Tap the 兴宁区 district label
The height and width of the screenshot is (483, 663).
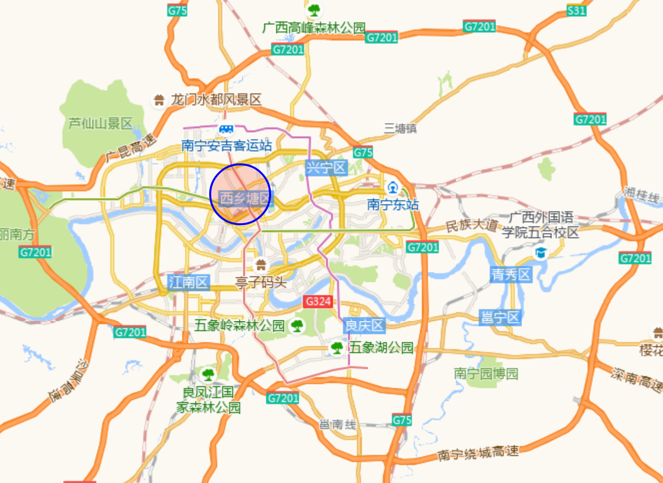click(326, 167)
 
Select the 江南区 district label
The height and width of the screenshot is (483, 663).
click(188, 282)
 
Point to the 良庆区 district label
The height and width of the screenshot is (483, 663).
click(364, 326)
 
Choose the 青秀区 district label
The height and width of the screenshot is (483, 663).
click(511, 274)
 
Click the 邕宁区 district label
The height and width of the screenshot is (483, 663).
click(500, 317)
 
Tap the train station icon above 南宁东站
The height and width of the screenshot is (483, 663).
click(393, 188)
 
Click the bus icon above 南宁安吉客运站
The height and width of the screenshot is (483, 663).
click(226, 129)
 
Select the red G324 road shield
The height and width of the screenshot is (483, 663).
click(318, 301)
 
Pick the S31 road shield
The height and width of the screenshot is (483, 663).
click(576, 10)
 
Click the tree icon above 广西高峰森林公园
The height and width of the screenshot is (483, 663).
click(314, 9)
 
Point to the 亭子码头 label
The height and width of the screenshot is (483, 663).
click(261, 283)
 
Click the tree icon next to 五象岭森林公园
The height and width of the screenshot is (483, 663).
click(298, 326)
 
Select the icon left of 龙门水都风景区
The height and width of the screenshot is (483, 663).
click(159, 100)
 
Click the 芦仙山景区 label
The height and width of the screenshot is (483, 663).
click(100, 123)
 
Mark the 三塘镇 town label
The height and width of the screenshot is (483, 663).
click(400, 128)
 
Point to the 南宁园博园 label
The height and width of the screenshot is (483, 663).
click(486, 373)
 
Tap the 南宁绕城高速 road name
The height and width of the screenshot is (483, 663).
click(478, 453)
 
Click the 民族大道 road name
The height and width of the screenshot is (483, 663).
click(471, 225)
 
